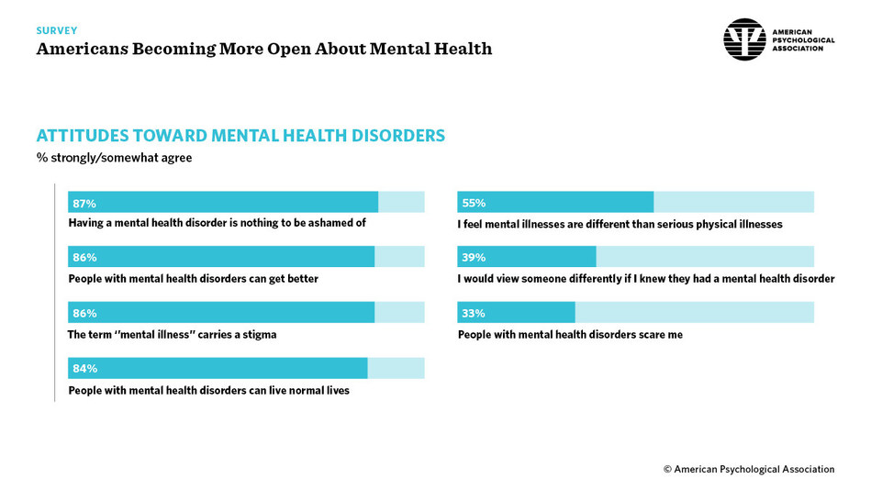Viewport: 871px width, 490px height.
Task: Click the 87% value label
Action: point(84,203)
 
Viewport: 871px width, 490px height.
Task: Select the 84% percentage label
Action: point(84,368)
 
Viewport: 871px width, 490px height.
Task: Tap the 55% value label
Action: point(474,203)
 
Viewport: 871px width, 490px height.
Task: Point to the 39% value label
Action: point(474,258)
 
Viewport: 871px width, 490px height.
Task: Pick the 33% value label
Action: point(474,313)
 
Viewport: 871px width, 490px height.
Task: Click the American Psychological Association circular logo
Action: point(744,39)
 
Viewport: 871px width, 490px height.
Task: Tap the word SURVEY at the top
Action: point(57,30)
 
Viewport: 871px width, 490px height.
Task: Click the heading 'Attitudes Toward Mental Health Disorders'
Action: point(240,136)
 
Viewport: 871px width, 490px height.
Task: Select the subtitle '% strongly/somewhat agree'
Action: point(114,158)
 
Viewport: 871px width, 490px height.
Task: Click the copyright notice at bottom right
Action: point(749,469)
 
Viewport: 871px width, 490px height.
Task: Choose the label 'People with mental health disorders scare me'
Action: point(570,335)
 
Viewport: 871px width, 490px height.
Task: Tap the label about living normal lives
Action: point(208,390)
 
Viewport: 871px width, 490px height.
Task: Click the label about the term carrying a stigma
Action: point(172,335)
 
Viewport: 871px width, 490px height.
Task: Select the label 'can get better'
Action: point(193,279)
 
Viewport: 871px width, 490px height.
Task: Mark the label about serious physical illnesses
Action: point(620,224)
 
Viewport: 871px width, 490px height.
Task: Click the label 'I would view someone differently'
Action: point(646,279)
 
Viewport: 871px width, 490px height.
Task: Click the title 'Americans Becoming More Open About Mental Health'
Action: point(264,49)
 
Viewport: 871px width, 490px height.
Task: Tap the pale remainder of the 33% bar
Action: point(694,312)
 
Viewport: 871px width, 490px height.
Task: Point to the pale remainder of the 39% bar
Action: point(705,257)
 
